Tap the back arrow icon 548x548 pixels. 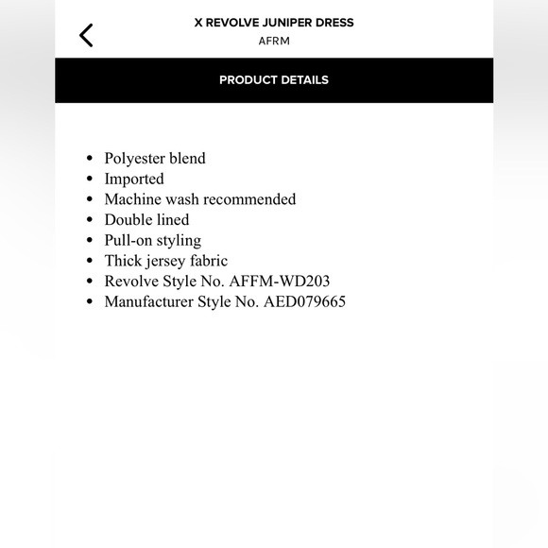pos(86,36)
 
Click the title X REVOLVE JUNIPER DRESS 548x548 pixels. pos(273,23)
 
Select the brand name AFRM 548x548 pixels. pos(273,42)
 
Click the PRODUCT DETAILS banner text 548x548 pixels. pos(273,80)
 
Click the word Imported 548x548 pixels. pos(134,179)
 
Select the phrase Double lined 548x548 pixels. pos(146,220)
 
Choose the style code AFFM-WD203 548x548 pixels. pos(280,282)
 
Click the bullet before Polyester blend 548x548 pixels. pos(89,159)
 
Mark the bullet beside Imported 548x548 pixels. pos(89,180)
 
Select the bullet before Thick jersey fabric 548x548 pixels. pos(89,262)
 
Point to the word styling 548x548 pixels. pos(179,240)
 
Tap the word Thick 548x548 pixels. pos(123,261)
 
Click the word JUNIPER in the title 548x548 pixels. pos(287,23)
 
